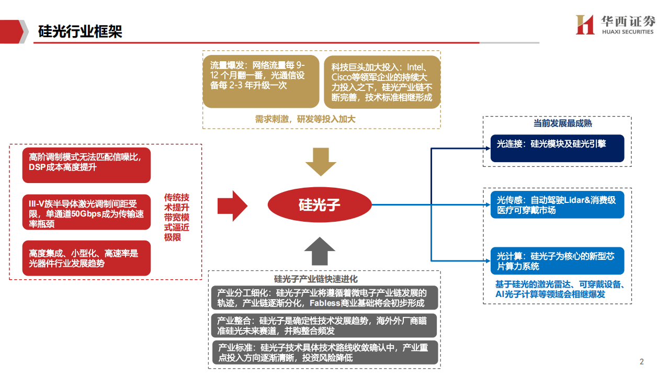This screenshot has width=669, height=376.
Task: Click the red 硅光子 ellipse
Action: tap(319, 204)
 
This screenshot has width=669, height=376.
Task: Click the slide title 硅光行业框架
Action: tap(81, 31)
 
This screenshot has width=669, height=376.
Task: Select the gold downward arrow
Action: tap(320, 162)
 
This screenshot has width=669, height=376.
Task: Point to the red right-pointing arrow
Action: tap(232, 206)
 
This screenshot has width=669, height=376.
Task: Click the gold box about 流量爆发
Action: tap(260, 81)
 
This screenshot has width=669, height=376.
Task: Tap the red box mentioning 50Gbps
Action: tap(87, 212)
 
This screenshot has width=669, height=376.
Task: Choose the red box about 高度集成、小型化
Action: tap(87, 258)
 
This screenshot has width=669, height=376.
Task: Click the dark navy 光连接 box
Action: tap(557, 148)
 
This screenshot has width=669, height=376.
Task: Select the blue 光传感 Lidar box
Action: tap(557, 204)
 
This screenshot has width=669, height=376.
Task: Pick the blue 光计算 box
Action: tap(557, 261)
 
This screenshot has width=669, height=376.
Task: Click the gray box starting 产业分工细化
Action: tap(324, 298)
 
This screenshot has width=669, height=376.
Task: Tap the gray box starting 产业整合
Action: tap(324, 325)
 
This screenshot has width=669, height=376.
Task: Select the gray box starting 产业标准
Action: tap(324, 353)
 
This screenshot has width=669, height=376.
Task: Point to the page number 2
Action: tap(642, 362)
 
